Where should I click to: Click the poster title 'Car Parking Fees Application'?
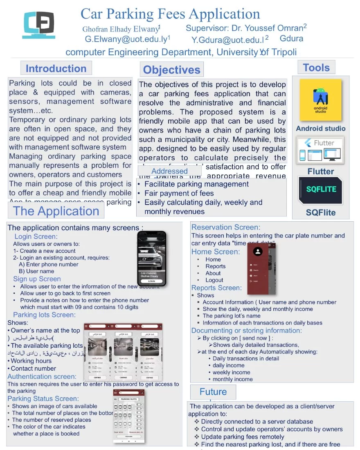pos(170,14)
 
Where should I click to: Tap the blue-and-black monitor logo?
pos(39,25)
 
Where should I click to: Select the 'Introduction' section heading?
pos(56,68)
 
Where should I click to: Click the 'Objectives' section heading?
pos(171,70)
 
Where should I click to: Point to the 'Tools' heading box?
pos(316,67)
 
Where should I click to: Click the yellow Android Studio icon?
pos(320,100)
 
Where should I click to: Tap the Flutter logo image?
pos(320,150)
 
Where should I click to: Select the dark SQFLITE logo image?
pos(321,190)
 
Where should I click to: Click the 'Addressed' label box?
pos(169,171)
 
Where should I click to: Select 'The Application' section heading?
pos(56,211)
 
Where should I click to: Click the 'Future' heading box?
pos(213,392)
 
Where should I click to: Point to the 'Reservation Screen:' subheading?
pos(226,227)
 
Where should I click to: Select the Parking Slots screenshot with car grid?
pos(128,415)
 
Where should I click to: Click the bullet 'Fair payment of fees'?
pos(179,193)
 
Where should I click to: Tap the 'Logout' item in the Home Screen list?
pos(214,280)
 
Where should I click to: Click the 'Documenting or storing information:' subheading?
pos(247,330)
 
